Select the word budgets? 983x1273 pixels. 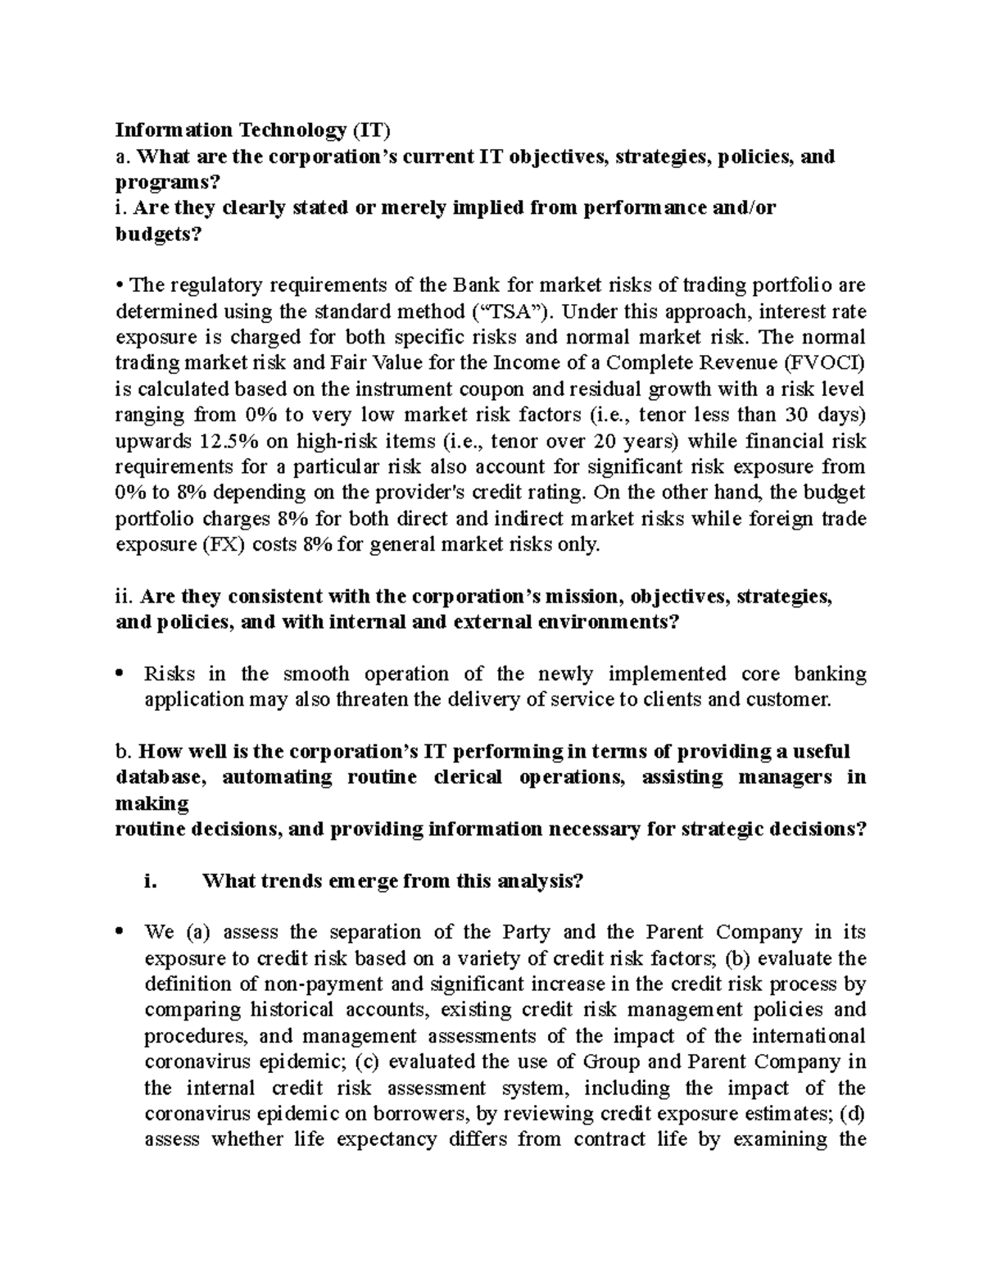coord(157,234)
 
